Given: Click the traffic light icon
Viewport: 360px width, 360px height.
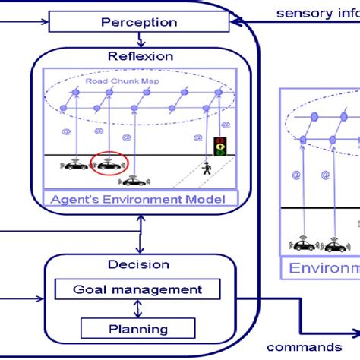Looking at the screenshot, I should [220, 145].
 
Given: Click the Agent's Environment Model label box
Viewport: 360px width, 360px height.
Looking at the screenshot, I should [141, 199].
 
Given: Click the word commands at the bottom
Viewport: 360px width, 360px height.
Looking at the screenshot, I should [304, 346].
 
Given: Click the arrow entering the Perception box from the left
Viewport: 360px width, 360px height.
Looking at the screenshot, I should [30, 22].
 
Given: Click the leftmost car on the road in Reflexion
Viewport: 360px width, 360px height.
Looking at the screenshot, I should [76, 164].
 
